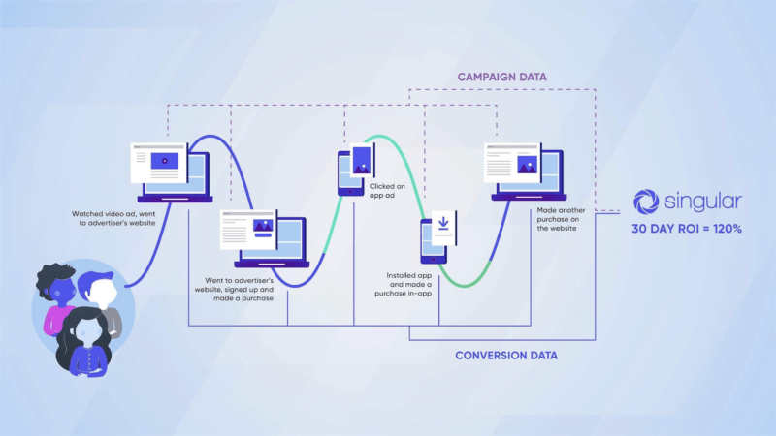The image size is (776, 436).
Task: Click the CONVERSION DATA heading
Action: [x=506, y=356]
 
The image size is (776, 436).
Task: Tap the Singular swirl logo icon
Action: [x=645, y=202]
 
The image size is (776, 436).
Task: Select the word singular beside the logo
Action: [x=703, y=202]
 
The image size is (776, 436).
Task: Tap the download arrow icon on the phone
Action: [x=442, y=224]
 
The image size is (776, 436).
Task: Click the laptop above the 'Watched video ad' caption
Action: [x=171, y=171]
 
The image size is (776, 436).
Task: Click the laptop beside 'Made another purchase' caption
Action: [x=524, y=171]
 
